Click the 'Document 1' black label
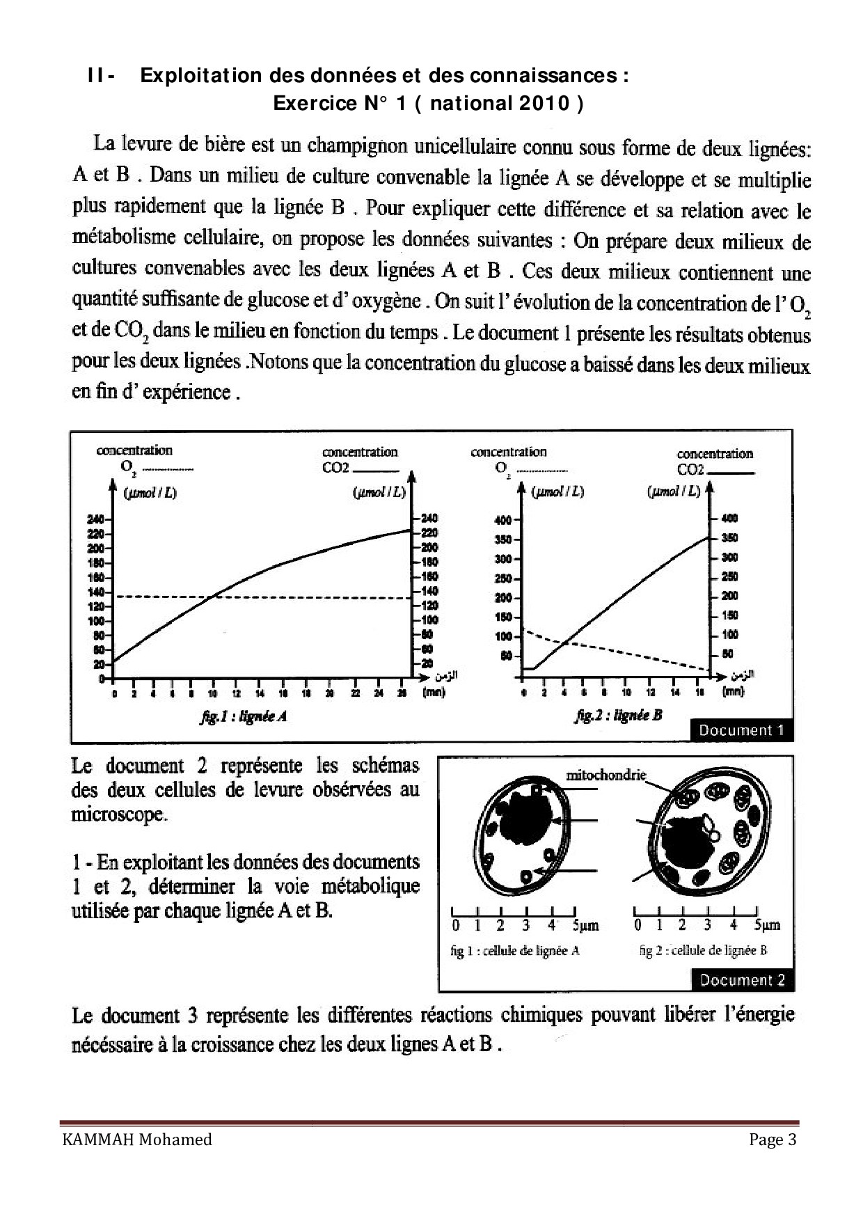point(741,730)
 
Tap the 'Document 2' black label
point(742,980)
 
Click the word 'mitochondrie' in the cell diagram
point(605,775)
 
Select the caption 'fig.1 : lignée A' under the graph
point(243,716)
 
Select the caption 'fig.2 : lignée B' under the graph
point(618,715)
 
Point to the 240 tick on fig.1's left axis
point(96,519)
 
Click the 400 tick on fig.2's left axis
point(502,520)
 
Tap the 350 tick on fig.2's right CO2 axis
point(729,538)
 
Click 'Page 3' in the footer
point(773,1140)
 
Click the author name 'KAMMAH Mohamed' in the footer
point(137,1140)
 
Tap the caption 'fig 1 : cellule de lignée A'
point(515,951)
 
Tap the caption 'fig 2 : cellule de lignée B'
point(703,950)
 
